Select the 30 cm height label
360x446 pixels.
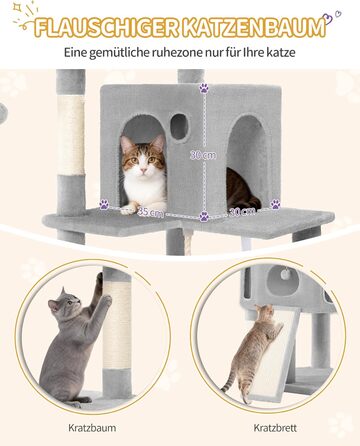[203, 155]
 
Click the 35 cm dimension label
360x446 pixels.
[150, 212]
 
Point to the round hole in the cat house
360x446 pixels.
[179, 127]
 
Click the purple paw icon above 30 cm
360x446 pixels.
[203, 88]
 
